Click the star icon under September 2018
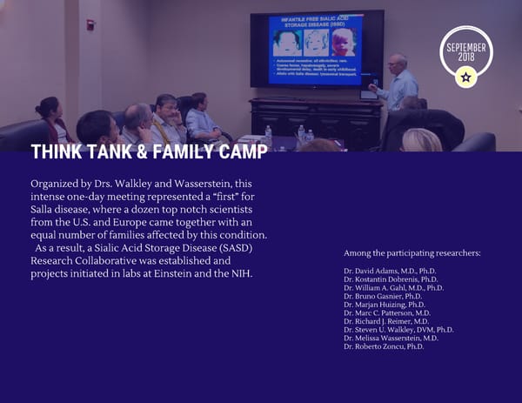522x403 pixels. tap(465, 77)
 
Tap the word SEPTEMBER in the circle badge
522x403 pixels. tap(466, 46)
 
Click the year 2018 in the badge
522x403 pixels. tap(466, 57)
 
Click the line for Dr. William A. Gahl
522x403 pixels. tap(393, 288)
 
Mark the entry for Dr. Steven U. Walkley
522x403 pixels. tap(398, 330)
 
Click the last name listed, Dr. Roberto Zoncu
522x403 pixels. tap(384, 346)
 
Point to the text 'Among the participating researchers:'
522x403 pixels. tap(412, 253)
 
